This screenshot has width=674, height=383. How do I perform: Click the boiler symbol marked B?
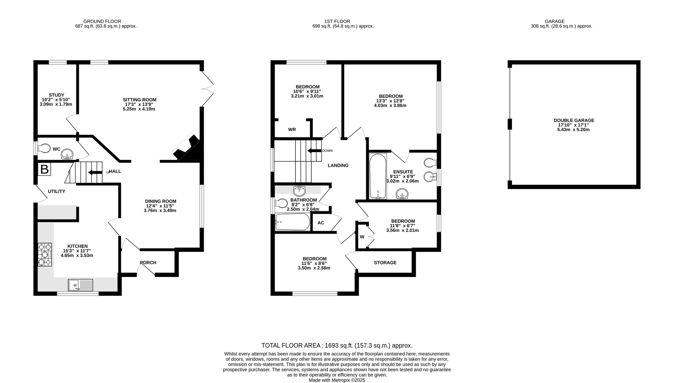44,169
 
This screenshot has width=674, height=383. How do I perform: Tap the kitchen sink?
81,285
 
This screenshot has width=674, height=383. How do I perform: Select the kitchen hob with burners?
45,255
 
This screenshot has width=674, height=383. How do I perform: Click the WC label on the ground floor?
57,149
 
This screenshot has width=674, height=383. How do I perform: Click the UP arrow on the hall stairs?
95,172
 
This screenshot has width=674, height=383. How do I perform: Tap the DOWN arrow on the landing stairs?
315,151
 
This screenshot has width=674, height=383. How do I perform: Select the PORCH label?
148,263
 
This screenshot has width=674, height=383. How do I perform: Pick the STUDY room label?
56,95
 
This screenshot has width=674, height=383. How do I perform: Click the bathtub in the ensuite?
378,176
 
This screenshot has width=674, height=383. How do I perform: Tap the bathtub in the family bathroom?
293,222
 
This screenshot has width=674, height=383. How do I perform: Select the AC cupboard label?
321,223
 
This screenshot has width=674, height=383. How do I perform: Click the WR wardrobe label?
292,129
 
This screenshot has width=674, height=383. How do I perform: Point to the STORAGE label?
385,263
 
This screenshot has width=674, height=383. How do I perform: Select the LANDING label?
338,165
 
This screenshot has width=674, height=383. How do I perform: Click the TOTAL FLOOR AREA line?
337,345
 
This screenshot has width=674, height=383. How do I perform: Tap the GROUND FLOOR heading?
102,21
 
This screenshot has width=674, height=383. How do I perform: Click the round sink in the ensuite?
402,194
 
